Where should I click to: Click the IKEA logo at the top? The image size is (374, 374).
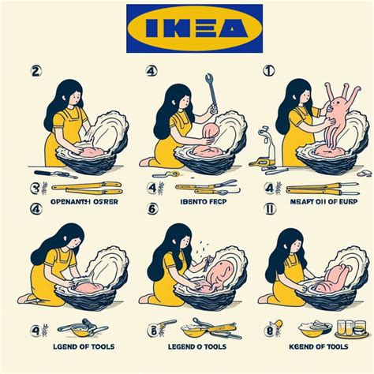(194, 28)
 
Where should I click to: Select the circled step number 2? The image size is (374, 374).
(36, 70)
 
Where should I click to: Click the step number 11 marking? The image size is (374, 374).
(270, 209)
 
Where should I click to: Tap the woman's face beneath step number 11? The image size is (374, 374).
(293, 244)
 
